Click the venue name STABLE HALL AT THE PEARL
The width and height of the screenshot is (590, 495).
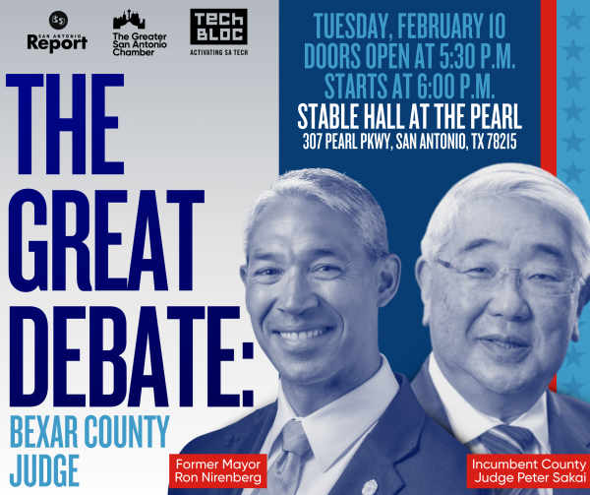[x=409, y=116]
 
